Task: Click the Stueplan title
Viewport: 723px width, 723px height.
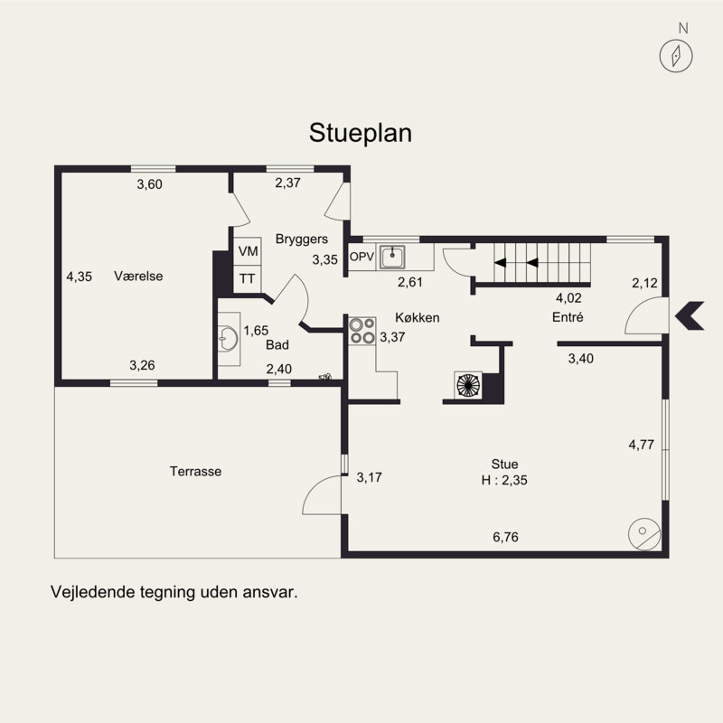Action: [361, 133]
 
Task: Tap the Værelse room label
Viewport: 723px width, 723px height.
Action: [138, 277]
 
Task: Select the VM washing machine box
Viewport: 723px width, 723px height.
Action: [247, 251]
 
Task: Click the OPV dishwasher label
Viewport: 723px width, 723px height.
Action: [361, 257]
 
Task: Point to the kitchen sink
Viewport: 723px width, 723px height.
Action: [392, 258]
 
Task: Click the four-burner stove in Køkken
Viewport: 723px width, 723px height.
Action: [362, 330]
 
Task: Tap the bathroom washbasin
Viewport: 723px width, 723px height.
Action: [228, 340]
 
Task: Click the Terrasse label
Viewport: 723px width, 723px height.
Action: [195, 471]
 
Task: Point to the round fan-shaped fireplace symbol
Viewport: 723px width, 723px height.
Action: [469, 385]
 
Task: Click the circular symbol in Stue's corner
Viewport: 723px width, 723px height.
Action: [644, 534]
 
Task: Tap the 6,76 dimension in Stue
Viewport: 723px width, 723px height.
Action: [505, 537]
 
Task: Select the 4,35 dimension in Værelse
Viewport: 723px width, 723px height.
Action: [80, 277]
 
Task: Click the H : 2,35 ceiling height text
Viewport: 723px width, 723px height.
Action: [504, 481]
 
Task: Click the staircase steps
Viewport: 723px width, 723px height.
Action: [542, 264]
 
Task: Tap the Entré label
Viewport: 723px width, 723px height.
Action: [568, 317]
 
